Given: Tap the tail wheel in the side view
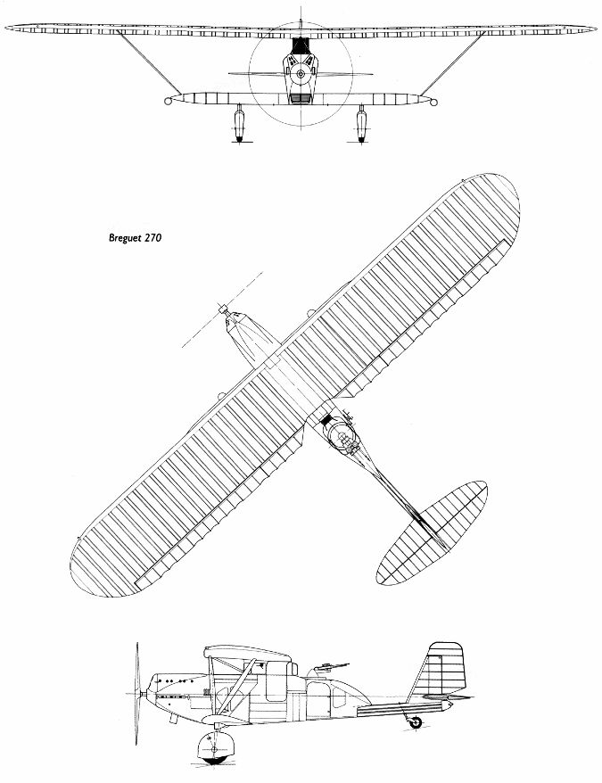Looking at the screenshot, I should click(x=415, y=723).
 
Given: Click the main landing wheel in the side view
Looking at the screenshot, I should click(x=216, y=749).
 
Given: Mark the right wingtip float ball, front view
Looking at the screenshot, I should click(x=434, y=102).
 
